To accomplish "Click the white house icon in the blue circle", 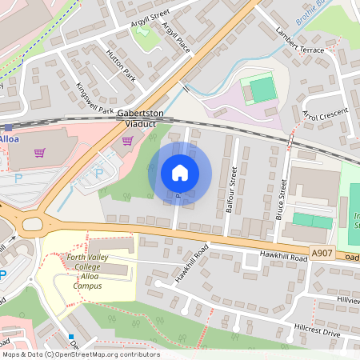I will [x=180, y=173].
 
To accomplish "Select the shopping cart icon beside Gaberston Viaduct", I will [x=127, y=140].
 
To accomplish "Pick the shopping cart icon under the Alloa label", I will [x=40, y=152].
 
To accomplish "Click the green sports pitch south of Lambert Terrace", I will [x=262, y=90].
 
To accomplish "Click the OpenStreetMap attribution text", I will [x=80, y=354].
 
